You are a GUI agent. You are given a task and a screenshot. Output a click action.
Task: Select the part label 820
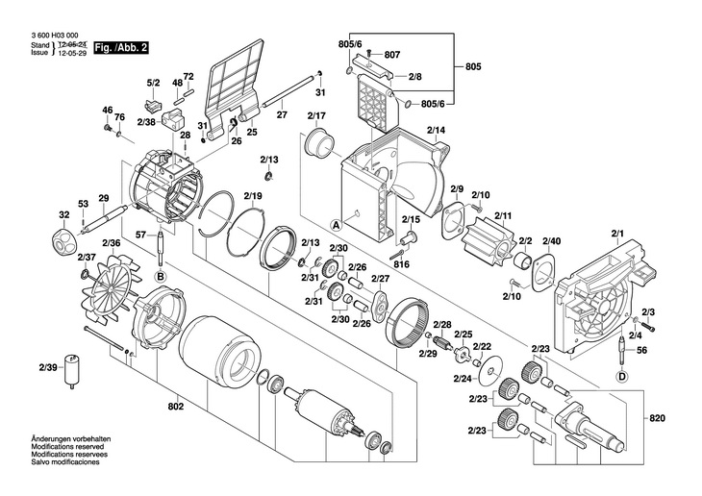pyautogui.click(x=658, y=419)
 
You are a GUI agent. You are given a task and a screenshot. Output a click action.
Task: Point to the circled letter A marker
pyautogui.click(x=337, y=224)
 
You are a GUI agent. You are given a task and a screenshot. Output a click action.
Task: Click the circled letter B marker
pyautogui.click(x=161, y=277)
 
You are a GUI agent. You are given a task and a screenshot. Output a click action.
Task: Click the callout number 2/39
pyautogui.click(x=48, y=367)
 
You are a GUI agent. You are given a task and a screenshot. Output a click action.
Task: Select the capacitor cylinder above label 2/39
pyautogui.click(x=71, y=371)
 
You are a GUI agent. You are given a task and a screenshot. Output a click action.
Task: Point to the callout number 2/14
pyautogui.click(x=436, y=129)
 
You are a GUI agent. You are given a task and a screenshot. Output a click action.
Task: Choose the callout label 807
pyautogui.click(x=391, y=55)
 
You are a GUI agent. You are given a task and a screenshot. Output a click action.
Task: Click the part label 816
pyautogui.click(x=401, y=263)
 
